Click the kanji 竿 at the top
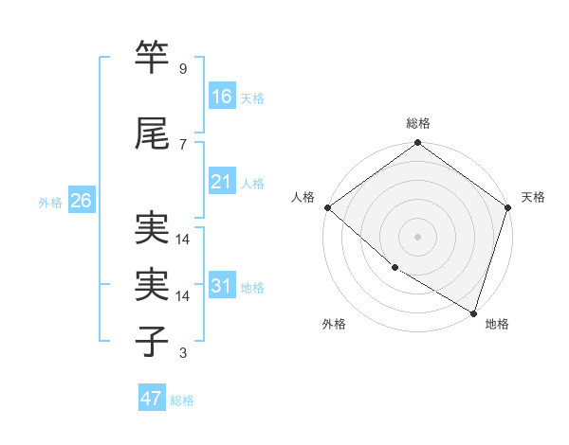[x=153, y=57]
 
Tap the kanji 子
[x=153, y=341]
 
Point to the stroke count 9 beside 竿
[x=182, y=69]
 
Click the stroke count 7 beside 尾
[x=182, y=144]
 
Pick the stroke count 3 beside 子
[x=182, y=354]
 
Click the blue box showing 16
[x=222, y=97]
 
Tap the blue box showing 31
[x=222, y=286]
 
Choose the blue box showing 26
[x=81, y=201]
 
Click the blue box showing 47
[x=152, y=399]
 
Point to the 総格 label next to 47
[x=182, y=400]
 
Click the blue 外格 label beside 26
[x=50, y=203]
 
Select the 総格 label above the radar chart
[x=418, y=124]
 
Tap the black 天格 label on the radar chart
[x=534, y=197]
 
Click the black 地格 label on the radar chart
[x=497, y=324]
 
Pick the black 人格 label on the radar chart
[x=303, y=197]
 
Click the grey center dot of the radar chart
[x=418, y=236]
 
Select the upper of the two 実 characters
[x=153, y=228]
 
